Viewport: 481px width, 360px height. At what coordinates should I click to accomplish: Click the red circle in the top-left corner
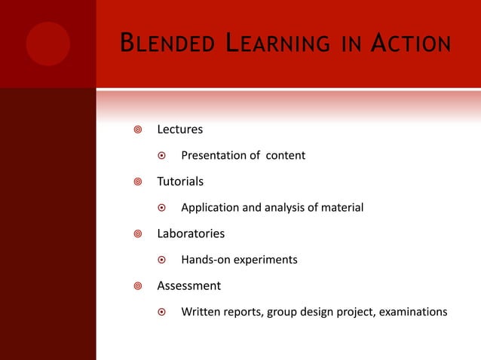[x=47, y=44]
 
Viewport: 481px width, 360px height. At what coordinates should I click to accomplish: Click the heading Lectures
[x=179, y=130]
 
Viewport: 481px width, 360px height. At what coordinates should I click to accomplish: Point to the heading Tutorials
[x=179, y=182]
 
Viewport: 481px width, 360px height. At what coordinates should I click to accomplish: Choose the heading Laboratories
[x=190, y=234]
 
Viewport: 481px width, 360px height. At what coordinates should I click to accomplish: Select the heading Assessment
[x=188, y=286]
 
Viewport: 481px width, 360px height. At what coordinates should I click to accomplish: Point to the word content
[x=285, y=156]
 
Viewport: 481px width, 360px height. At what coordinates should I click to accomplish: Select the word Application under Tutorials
[x=210, y=208]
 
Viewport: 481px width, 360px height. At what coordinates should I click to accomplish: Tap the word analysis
[x=280, y=208]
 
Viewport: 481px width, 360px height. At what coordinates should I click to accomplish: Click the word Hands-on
[x=205, y=260]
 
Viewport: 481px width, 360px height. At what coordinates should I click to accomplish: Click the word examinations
[x=412, y=312]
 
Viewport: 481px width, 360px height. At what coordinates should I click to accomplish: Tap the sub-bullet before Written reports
[x=161, y=312]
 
